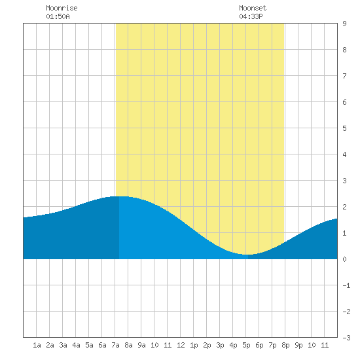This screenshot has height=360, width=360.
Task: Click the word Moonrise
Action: pos(62,8)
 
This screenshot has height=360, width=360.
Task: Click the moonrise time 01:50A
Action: pos(58,16)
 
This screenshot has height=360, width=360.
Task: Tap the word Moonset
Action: pos(253,8)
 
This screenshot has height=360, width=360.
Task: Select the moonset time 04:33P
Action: pos(251,16)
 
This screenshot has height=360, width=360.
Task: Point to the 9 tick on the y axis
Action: pos(344,24)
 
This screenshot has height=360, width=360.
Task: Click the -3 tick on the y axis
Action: pos(346,338)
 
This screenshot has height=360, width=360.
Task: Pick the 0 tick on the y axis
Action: pos(344,259)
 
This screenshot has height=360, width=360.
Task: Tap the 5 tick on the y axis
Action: pos(344,128)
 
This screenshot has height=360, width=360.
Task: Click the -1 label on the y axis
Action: pos(346,285)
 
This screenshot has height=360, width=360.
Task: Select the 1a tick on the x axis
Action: pos(37,345)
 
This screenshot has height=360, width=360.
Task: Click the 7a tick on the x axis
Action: pos(115,345)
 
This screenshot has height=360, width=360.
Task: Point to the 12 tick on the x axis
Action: pos(181,345)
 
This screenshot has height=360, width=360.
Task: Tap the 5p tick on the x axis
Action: pos(246,345)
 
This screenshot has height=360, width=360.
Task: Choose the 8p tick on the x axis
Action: pos(285,345)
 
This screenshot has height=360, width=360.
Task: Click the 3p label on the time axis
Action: pos(220,345)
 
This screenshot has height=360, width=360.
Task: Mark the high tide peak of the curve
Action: pos(119,196)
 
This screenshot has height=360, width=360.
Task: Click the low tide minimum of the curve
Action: pos(247,255)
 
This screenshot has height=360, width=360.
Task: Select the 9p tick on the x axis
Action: pos(298,345)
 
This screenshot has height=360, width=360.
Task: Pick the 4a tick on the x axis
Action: pos(76,345)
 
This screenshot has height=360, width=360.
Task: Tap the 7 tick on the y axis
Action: pos(344,76)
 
